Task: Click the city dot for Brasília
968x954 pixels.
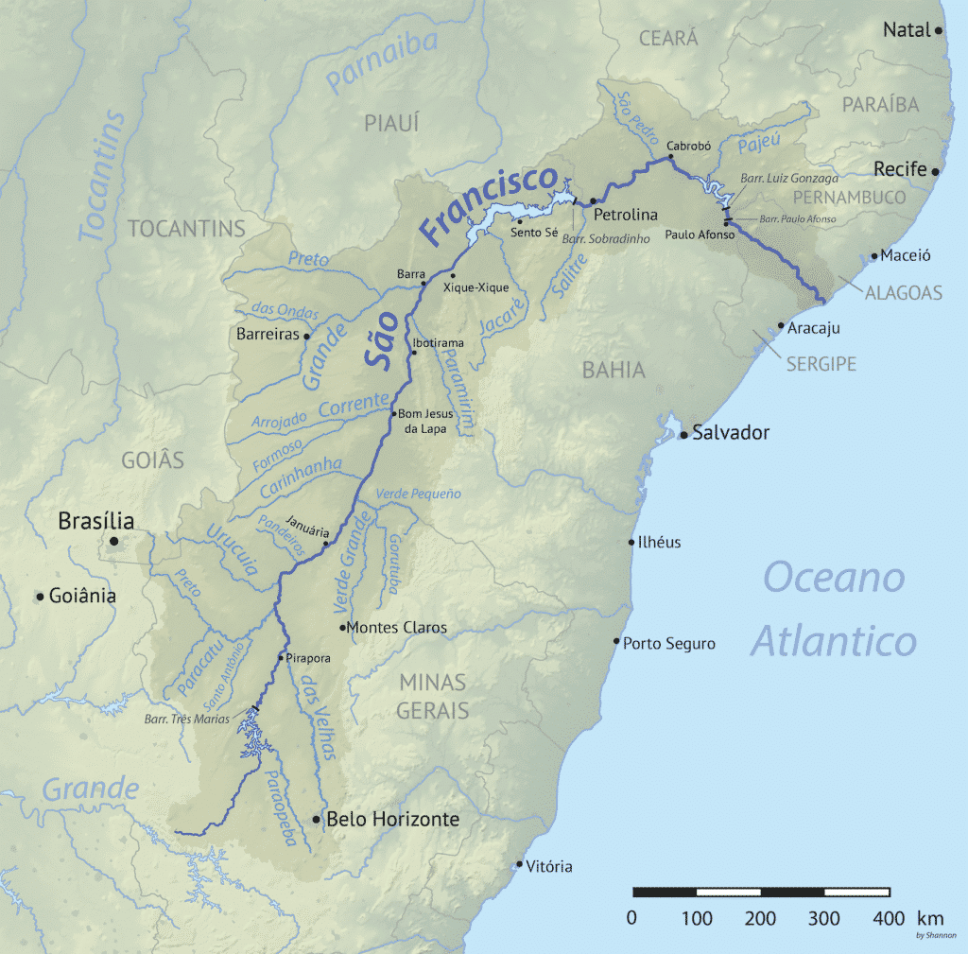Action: pos(113,541)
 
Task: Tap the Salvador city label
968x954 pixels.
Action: pos(731,433)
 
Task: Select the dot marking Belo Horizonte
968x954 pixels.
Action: pos(316,819)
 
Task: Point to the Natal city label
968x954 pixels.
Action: pos(907,30)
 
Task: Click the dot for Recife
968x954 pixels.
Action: pos(935,172)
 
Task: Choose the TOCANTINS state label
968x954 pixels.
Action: pos(186,229)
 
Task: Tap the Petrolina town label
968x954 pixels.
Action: pos(625,215)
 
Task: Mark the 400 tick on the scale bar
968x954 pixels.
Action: pos(890,916)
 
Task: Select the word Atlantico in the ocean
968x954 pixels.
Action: pos(834,640)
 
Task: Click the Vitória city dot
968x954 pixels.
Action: pos(519,864)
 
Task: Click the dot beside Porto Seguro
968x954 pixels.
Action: pos(616,642)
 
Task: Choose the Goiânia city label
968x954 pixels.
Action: pos(84,596)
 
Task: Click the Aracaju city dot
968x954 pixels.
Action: pos(781,326)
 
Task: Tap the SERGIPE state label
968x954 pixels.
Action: pos(819,363)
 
